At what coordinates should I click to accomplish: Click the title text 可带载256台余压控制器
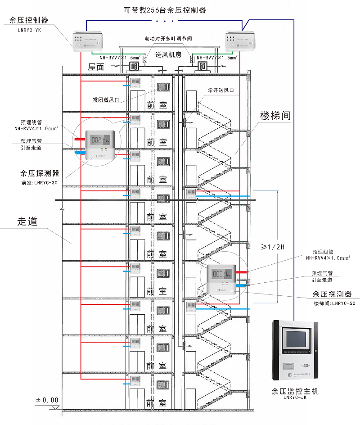[x=165, y=10]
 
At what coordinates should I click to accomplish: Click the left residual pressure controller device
[x=88, y=40]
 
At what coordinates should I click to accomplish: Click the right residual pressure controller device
[x=240, y=41]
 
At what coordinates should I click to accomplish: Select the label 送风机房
[x=168, y=55]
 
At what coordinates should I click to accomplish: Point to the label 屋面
[x=96, y=67]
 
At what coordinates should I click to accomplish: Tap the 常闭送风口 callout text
[x=106, y=99]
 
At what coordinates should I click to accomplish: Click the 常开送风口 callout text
[x=221, y=90]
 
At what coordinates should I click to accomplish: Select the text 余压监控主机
[x=295, y=391]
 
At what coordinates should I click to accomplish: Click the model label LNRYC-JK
[x=295, y=398]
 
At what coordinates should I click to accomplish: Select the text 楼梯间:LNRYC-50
[x=334, y=303]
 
